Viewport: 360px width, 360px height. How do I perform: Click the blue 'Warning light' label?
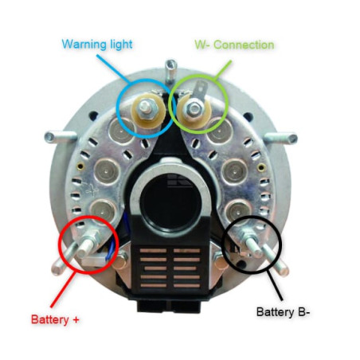click(97, 45)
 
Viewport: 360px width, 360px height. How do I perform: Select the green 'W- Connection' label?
click(234, 45)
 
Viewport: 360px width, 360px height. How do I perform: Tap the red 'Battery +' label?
click(55, 319)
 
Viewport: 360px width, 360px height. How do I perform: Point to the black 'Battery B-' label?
click(283, 312)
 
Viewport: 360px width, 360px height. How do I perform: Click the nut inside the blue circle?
click(147, 108)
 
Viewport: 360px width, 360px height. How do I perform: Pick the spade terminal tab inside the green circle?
click(201, 90)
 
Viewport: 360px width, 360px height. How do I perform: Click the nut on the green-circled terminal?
click(194, 108)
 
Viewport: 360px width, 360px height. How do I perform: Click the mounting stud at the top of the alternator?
click(170, 70)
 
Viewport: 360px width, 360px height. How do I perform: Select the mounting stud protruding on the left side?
click(60, 137)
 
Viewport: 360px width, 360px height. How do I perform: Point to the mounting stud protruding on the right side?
click(281, 138)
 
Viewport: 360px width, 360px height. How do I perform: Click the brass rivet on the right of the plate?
click(261, 167)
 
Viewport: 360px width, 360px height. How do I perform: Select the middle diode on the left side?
click(107, 171)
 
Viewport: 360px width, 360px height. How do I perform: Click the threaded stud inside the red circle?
click(86, 245)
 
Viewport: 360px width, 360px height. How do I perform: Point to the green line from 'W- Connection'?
click(222, 70)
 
